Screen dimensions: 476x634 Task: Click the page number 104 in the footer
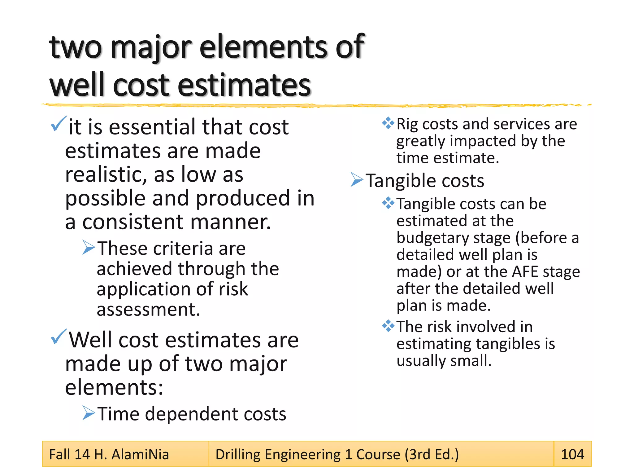[x=572, y=454]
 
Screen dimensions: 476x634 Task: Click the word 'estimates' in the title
[x=244, y=85]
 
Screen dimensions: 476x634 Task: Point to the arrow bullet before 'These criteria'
[x=89, y=247]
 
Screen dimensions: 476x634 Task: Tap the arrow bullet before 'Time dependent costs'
[x=89, y=413]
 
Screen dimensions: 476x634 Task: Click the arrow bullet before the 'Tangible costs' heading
[x=357, y=180]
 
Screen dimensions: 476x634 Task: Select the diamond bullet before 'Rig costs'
[x=388, y=123]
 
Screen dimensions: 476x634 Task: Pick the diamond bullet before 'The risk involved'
[x=388, y=326]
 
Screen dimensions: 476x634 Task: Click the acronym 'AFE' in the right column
[x=525, y=272]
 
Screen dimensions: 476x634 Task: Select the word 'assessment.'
[x=148, y=309]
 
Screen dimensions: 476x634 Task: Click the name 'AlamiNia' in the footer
[x=140, y=455]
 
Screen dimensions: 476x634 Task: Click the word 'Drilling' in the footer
[x=238, y=455]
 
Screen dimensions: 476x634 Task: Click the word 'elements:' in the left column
[x=114, y=387]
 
